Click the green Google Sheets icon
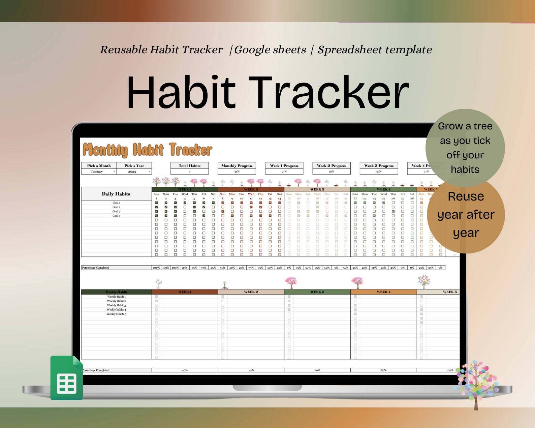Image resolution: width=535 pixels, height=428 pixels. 67,378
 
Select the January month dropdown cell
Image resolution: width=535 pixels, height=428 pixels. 99,172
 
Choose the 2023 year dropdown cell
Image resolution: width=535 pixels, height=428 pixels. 134,172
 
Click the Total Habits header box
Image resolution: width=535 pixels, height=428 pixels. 189,165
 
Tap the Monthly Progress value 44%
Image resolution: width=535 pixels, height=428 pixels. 237,172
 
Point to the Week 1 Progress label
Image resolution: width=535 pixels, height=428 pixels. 284,165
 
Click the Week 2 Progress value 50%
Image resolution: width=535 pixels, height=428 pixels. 332,172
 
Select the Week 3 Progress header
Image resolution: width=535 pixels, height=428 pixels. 379,165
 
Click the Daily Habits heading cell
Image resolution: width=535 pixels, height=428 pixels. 116,194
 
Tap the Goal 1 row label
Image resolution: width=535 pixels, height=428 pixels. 116,203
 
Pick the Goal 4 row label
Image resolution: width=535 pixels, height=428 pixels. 116,216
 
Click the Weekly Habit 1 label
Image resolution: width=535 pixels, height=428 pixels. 116,297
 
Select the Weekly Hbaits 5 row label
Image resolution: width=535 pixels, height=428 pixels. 116,314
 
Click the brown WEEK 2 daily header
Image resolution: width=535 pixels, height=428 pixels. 251,189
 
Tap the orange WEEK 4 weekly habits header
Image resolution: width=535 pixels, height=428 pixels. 383,292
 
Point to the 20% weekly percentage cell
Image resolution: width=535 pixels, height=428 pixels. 251,370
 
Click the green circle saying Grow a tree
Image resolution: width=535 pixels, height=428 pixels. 465,148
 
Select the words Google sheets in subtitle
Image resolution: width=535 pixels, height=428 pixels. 270,50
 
